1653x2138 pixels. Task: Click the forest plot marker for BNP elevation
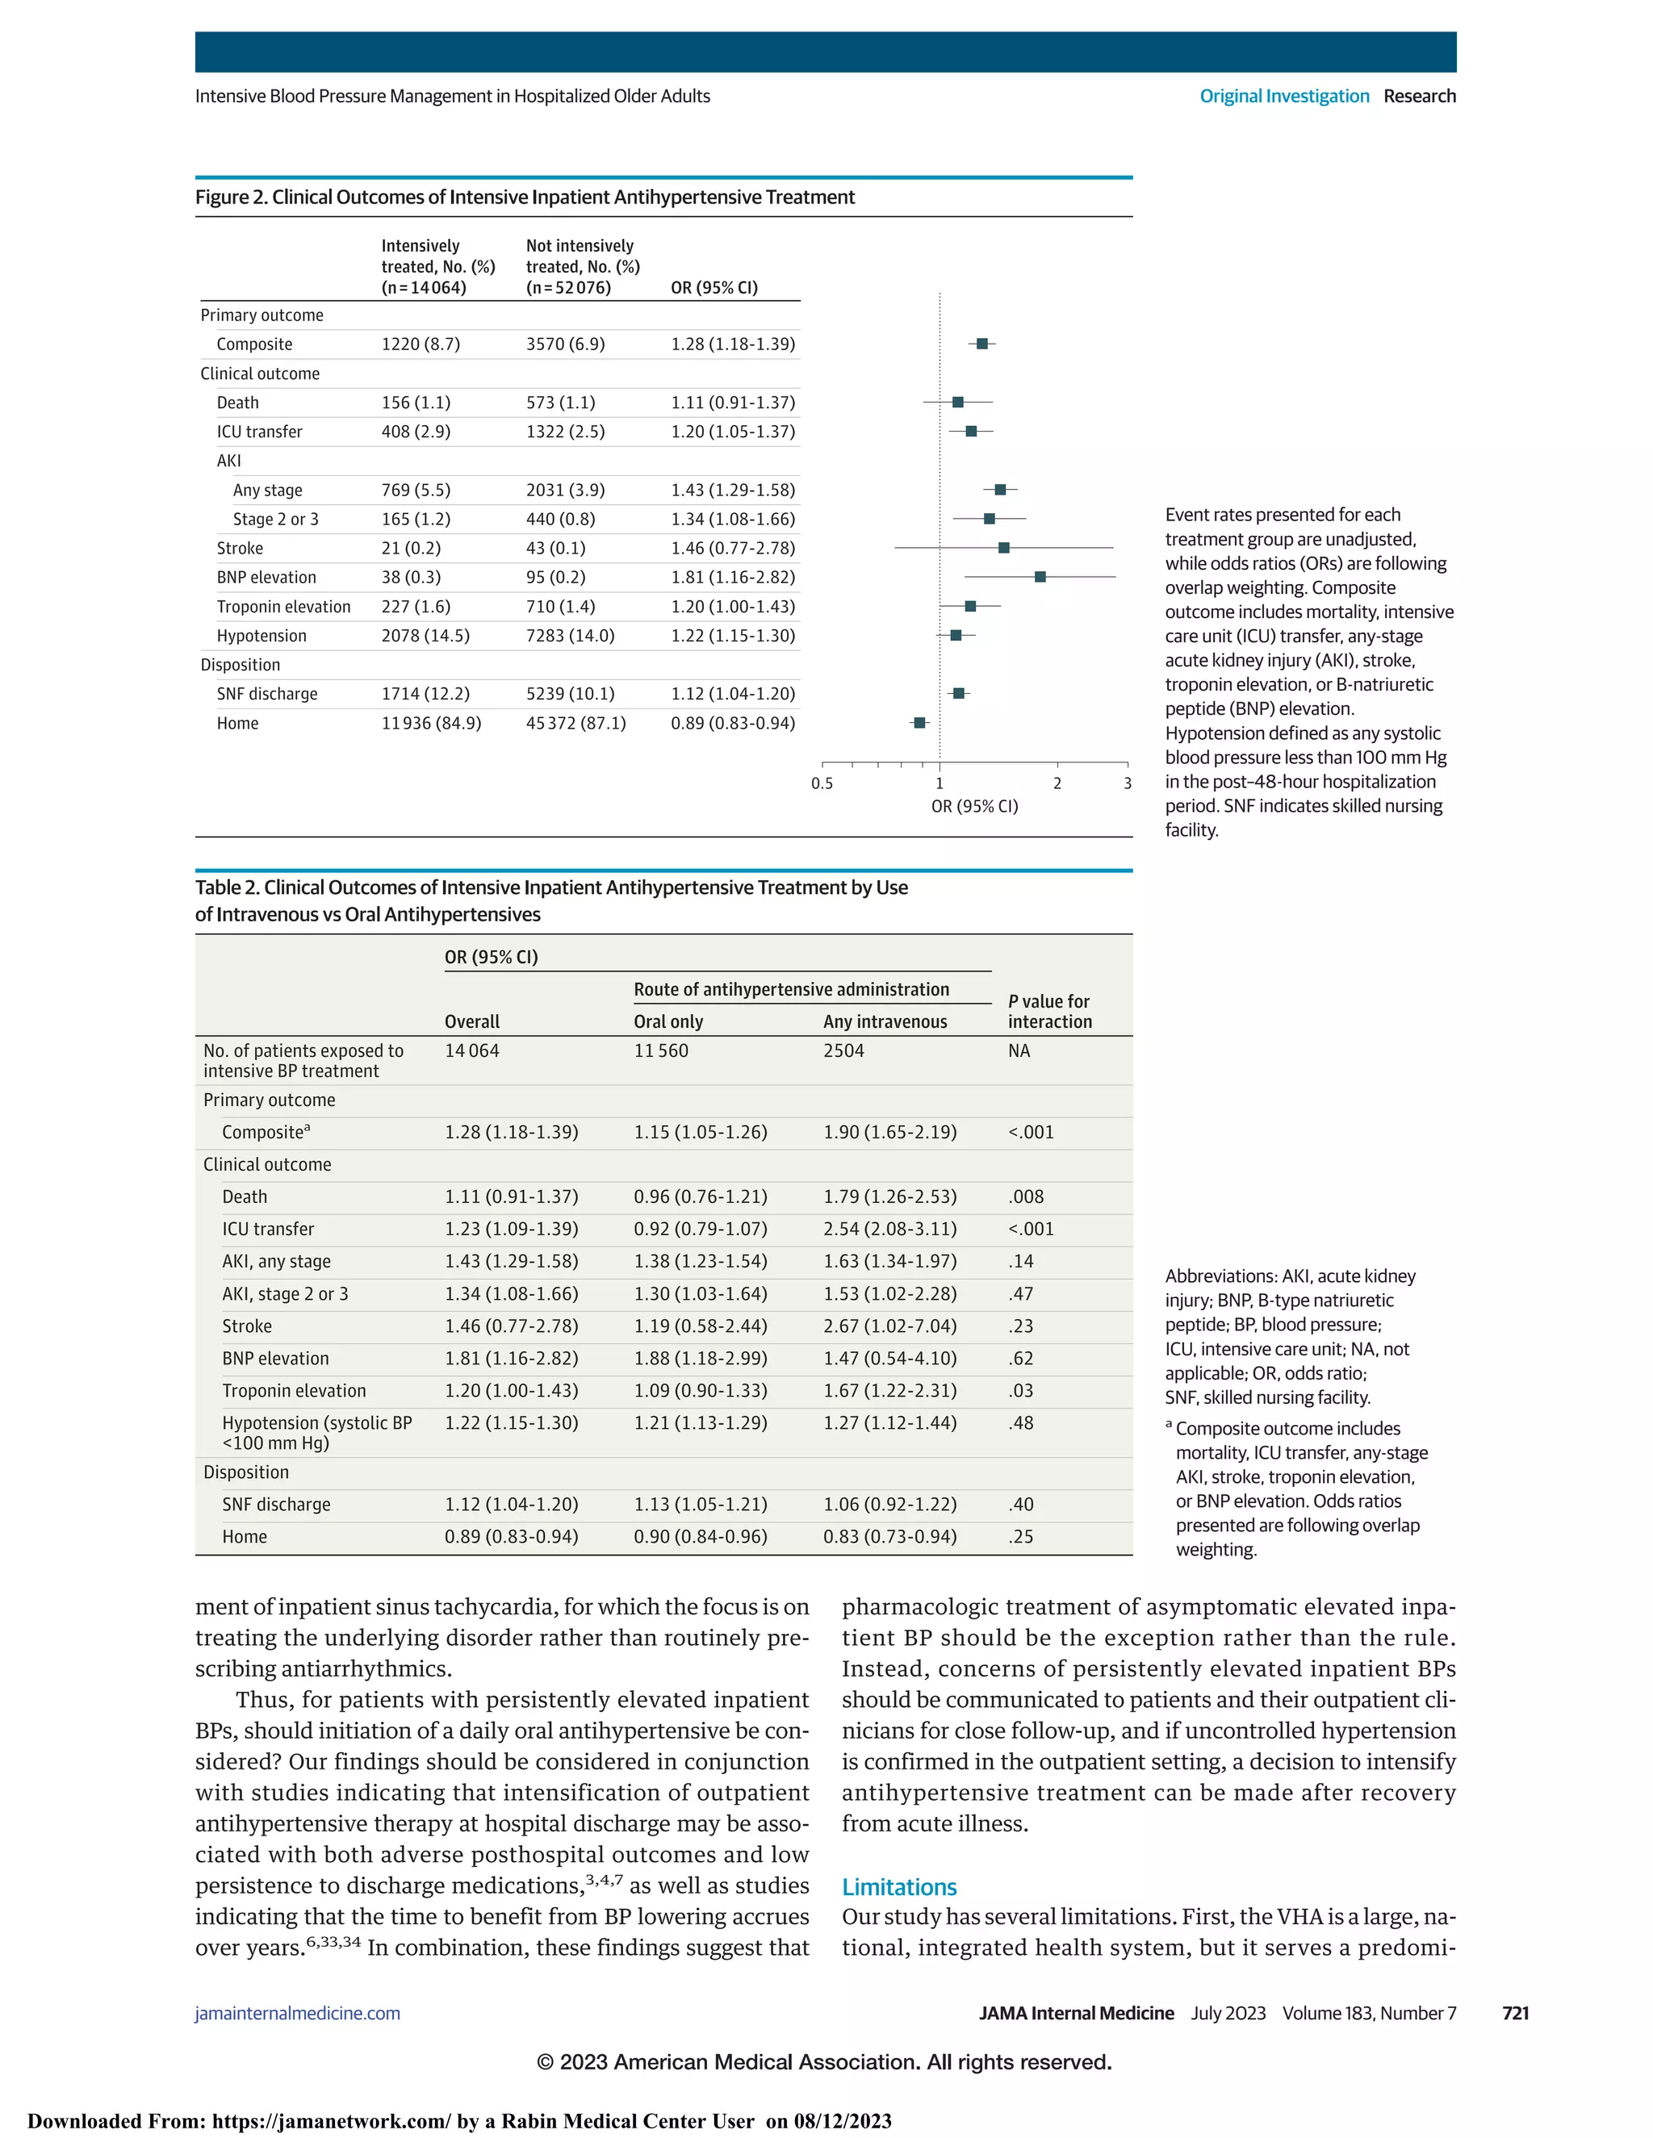click(1040, 577)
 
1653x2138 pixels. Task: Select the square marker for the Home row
click(919, 722)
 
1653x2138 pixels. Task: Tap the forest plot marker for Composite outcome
click(982, 344)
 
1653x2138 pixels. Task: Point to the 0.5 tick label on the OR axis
click(822, 783)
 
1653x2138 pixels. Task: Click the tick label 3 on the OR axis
click(1127, 783)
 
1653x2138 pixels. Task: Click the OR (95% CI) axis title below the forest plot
click(974, 807)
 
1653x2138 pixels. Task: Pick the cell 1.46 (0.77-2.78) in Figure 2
click(733, 548)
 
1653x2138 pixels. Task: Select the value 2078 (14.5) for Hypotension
click(425, 635)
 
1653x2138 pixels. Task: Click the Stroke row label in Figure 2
click(240, 548)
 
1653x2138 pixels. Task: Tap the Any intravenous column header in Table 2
click(885, 1021)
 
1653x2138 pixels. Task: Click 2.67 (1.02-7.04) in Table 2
click(889, 1326)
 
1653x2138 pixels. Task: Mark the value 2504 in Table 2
click(843, 1050)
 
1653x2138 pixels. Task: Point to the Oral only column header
click(667, 1021)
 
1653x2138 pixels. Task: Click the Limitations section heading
click(899, 1886)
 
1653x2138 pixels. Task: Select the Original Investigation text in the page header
click(1284, 96)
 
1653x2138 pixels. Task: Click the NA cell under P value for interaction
click(1019, 1050)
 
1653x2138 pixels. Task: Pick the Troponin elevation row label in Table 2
click(294, 1390)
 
